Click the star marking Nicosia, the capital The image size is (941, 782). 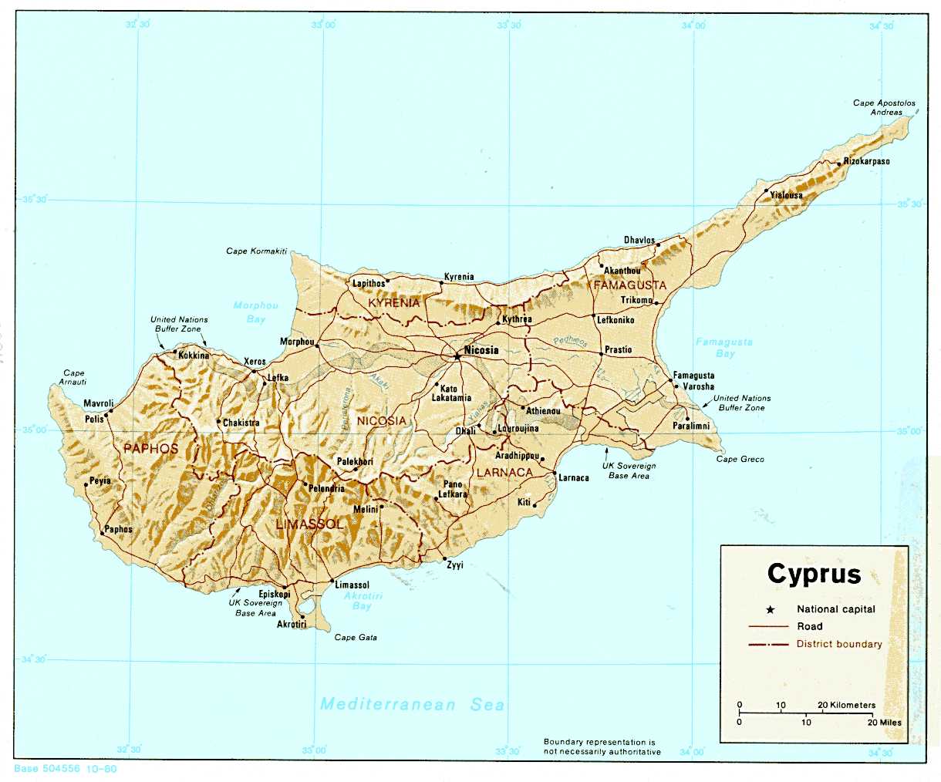(x=457, y=356)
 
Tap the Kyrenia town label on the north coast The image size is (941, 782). (x=459, y=277)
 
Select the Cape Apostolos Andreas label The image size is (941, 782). (x=884, y=107)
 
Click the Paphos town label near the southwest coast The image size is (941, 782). (x=119, y=530)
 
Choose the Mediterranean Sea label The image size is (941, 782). (x=412, y=704)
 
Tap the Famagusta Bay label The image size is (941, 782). (x=724, y=347)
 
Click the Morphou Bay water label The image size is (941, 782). (x=255, y=312)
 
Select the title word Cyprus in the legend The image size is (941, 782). (x=814, y=574)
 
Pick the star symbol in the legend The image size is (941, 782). (x=770, y=609)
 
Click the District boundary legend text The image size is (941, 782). (x=839, y=644)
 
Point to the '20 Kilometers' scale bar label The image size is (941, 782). (x=847, y=705)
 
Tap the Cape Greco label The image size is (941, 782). (x=740, y=459)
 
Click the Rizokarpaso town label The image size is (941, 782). (x=866, y=161)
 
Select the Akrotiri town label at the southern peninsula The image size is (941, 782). (x=292, y=625)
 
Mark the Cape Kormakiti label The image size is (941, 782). (x=256, y=251)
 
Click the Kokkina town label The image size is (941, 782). (x=194, y=356)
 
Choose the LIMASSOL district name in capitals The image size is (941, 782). (x=309, y=524)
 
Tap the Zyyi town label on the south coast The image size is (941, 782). (x=455, y=565)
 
